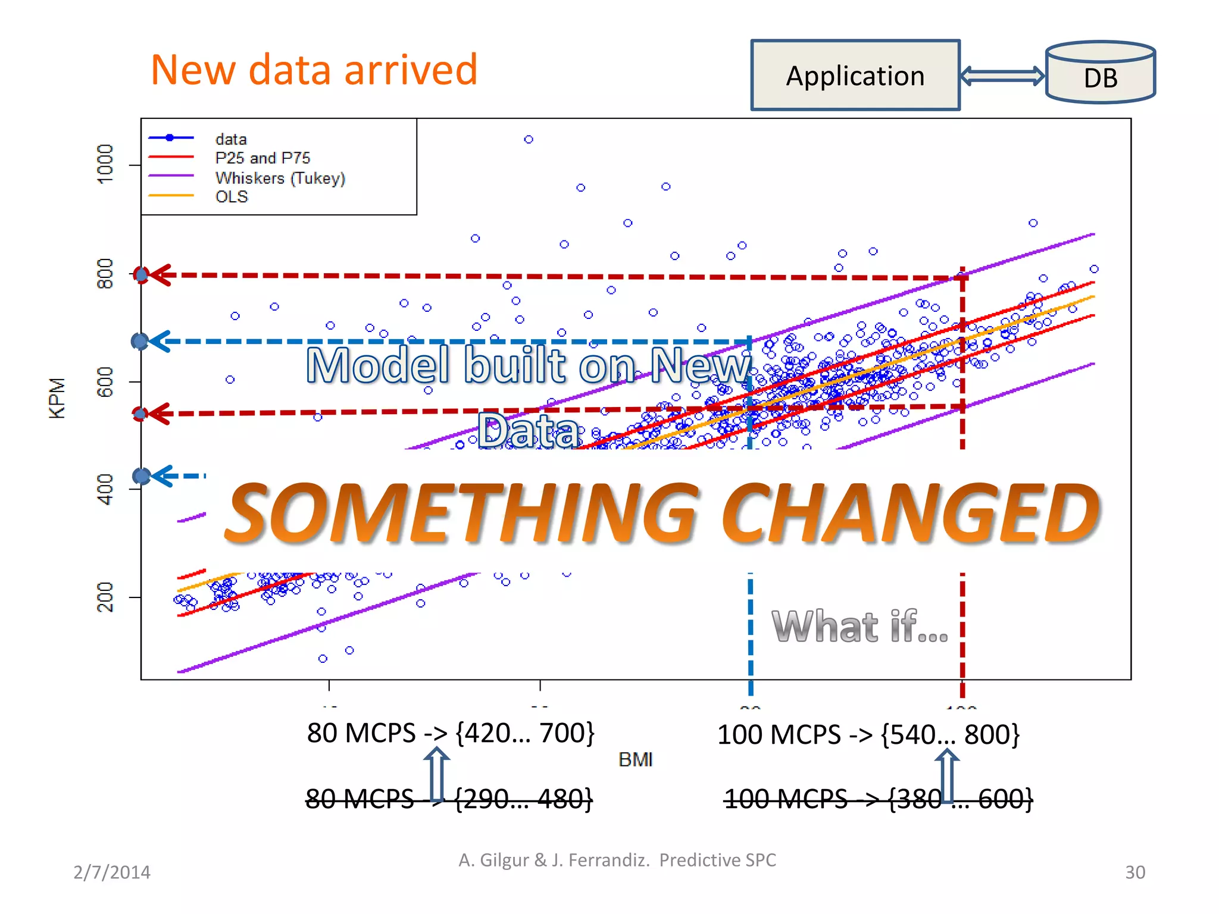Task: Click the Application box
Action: click(855, 76)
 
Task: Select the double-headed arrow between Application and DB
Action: click(1003, 76)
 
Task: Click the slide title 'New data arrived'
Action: click(314, 70)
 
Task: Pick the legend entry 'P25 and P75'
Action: click(262, 158)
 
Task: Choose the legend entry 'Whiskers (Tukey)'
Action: click(280, 178)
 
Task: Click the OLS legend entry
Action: click(231, 197)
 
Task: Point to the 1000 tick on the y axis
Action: click(105, 164)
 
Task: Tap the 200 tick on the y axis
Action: click(105, 597)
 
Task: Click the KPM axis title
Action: click(57, 398)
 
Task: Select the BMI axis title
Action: click(635, 760)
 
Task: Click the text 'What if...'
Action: click(859, 627)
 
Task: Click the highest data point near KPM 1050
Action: click(529, 139)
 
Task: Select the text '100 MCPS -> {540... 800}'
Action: click(868, 735)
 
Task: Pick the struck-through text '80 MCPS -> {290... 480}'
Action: click(449, 799)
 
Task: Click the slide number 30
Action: click(1134, 872)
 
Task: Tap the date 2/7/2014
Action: click(112, 872)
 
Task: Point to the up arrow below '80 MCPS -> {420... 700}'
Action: click(437, 774)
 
